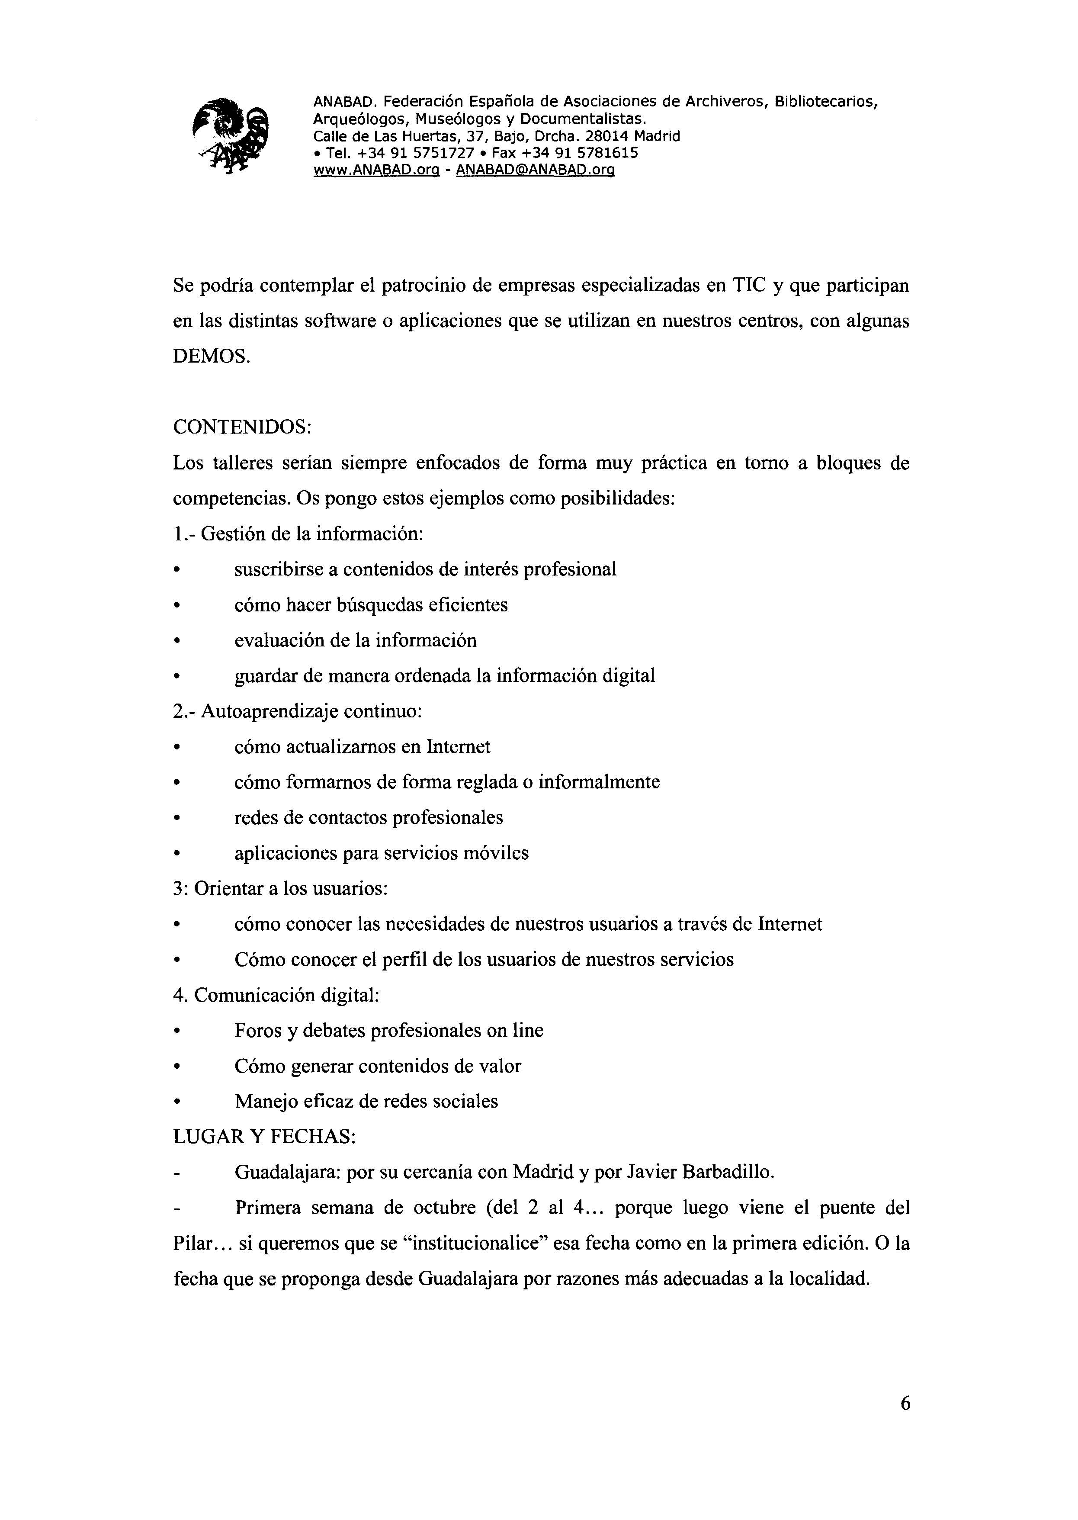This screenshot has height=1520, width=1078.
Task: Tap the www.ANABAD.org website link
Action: [x=376, y=170]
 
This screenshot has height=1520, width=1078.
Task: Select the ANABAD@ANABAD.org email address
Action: [x=536, y=170]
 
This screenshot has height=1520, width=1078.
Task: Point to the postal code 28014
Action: [x=607, y=136]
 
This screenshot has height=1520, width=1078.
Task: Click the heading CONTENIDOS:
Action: [x=242, y=427]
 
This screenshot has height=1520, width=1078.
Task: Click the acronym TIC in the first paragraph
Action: [x=749, y=286]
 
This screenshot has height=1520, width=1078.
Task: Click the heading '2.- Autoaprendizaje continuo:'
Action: [x=297, y=711]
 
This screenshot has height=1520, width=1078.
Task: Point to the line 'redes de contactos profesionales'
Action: [x=369, y=817]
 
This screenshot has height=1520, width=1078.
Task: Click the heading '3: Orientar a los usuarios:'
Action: [x=280, y=888]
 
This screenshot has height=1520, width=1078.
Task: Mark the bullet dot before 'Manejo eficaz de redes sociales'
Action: [x=176, y=1102]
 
